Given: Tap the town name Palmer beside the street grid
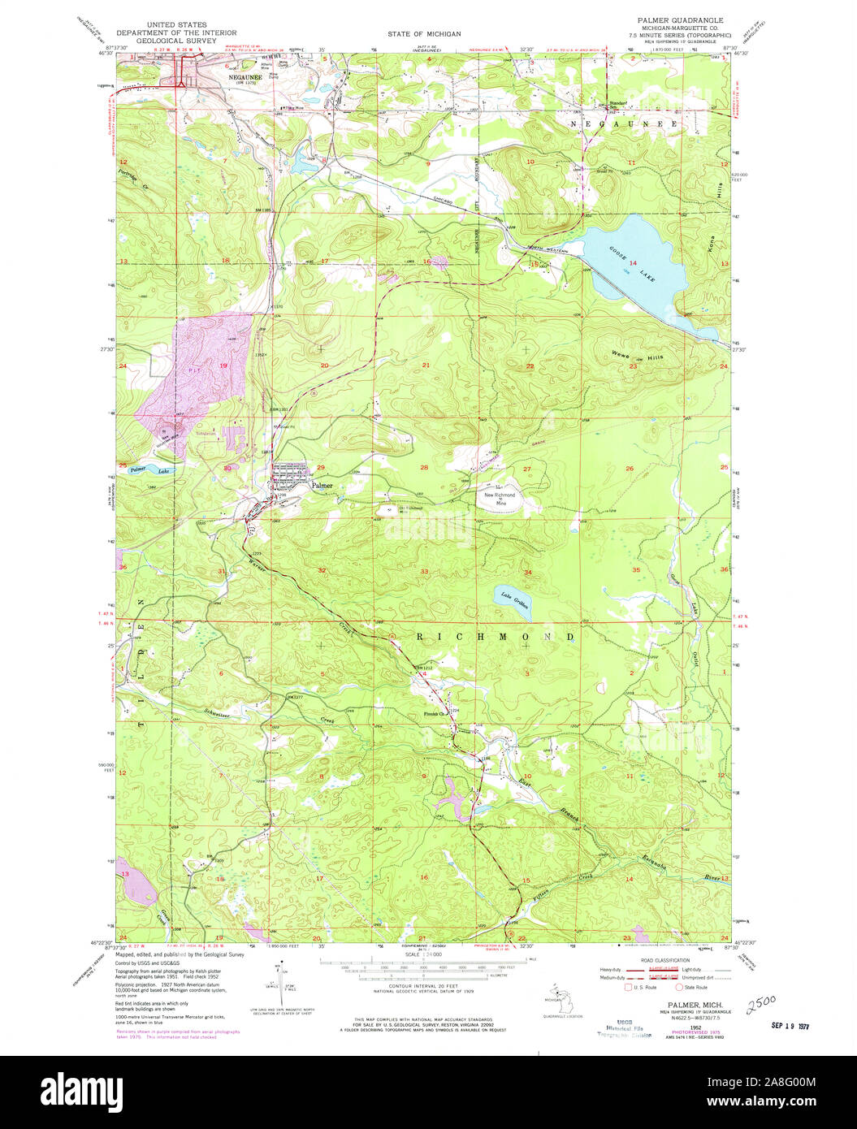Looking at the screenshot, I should tap(321, 485).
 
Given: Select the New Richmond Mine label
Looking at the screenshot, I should tap(500, 499).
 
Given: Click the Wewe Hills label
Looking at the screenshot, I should tap(638, 357).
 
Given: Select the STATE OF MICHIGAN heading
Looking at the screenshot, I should tap(424, 34).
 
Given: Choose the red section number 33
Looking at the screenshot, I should tap(424, 572).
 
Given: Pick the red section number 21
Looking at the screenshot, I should tap(426, 366).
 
